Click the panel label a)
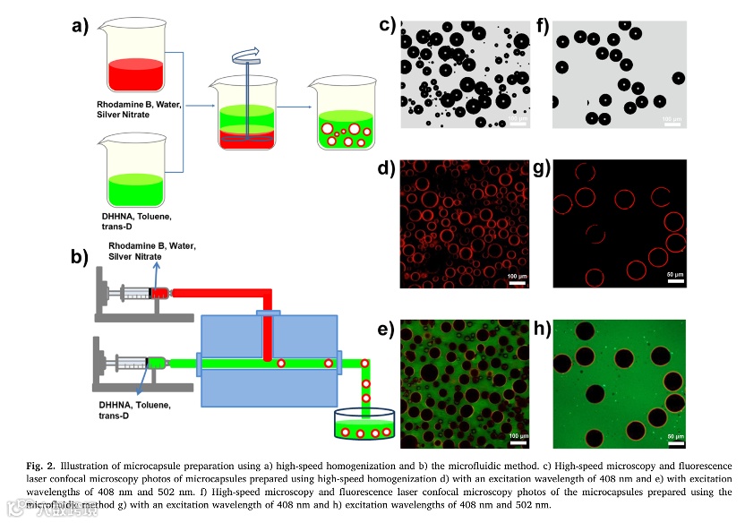(x=81, y=26)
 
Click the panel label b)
(x=81, y=257)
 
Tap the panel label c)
(x=387, y=24)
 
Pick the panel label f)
(x=544, y=24)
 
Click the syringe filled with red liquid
(x=142, y=293)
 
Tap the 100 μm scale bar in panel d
(x=517, y=283)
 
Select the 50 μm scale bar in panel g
(x=675, y=283)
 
